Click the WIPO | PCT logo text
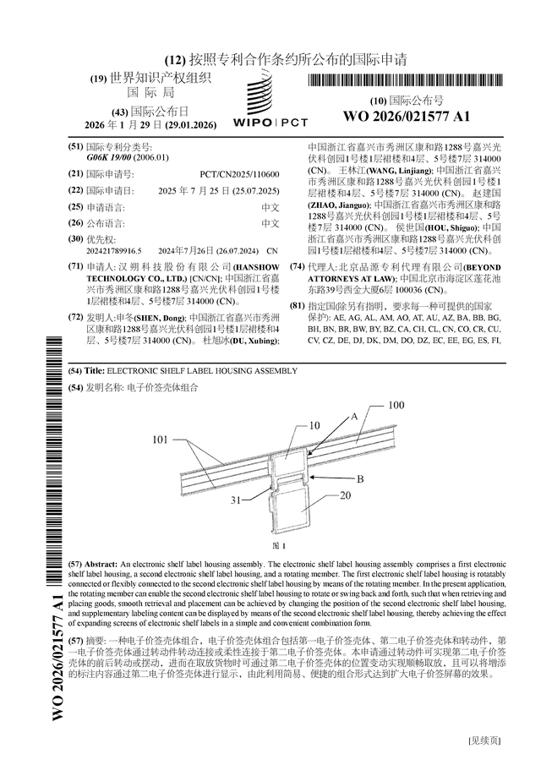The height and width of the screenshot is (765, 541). click(270, 122)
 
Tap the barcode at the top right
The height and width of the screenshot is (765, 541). click(406, 81)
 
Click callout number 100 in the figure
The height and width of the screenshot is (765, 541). click(396, 406)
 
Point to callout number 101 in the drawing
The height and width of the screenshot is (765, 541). click(161, 440)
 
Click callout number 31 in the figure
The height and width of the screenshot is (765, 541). click(238, 500)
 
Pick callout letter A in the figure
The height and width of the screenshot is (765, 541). click(354, 416)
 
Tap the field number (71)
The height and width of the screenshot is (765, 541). click(75, 266)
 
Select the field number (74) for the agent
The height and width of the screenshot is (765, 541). click(297, 266)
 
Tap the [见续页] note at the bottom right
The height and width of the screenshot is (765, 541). click(484, 740)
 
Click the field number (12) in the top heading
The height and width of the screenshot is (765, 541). click(174, 60)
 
